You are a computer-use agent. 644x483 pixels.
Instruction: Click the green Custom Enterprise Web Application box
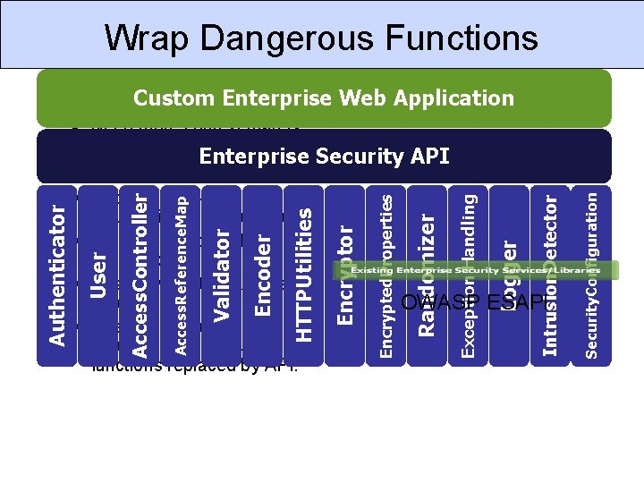click(x=323, y=97)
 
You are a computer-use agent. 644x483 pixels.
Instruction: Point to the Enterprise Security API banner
click(x=323, y=157)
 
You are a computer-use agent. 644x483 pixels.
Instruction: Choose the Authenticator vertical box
click(x=55, y=275)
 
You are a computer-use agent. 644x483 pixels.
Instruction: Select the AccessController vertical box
click(x=140, y=275)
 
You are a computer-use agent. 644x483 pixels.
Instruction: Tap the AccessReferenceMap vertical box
click(x=180, y=275)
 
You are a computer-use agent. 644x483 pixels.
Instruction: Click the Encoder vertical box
click(x=263, y=275)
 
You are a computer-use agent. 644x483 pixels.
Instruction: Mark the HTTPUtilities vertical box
click(x=304, y=275)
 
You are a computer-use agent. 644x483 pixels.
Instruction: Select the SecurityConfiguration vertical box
click(x=591, y=275)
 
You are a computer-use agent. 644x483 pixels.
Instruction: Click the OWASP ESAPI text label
click(x=473, y=302)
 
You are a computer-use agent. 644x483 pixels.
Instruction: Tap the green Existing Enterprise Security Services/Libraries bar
click(x=483, y=268)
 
